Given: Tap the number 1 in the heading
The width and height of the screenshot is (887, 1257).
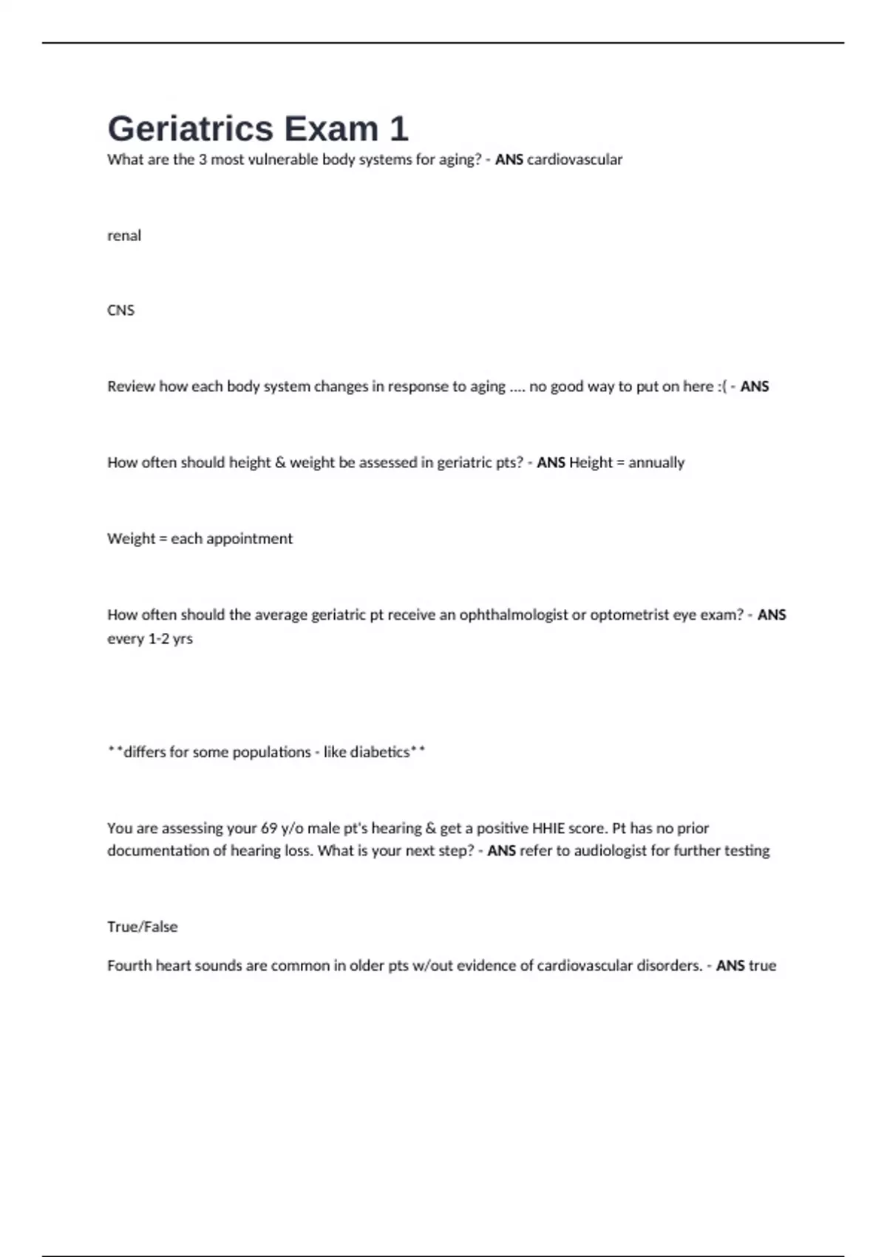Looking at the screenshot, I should [x=398, y=129].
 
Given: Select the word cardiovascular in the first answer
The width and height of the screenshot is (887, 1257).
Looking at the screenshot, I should [x=574, y=160].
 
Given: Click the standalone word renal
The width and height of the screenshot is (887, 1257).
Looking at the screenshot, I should [x=124, y=236].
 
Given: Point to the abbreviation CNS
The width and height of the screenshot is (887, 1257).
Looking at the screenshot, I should [x=120, y=311].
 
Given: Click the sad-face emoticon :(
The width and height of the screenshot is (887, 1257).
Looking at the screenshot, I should [x=721, y=387].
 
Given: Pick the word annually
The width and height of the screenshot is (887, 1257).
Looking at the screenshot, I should [x=656, y=463].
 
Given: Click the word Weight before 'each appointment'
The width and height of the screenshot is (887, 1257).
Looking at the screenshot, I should [x=131, y=539].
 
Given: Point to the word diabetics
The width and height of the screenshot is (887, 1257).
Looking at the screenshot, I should [x=379, y=752].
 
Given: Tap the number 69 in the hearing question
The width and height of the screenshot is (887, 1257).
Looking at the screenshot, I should [x=269, y=828].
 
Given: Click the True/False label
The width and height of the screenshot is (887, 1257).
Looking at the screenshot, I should [x=143, y=927].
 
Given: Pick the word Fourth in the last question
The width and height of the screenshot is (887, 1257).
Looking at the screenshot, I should [x=129, y=966].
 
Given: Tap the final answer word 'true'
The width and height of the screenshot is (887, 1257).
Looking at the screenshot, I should [x=762, y=966].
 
